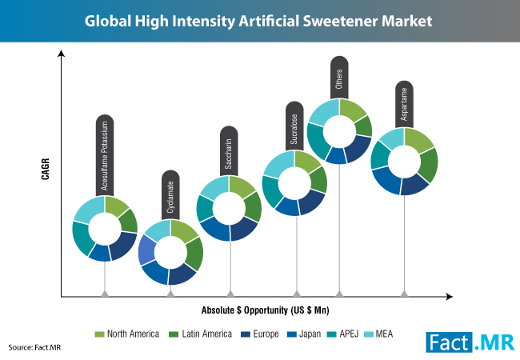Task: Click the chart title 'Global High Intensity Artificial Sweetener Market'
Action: (x=258, y=21)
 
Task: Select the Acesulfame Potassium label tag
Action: (x=105, y=155)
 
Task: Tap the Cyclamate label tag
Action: (x=170, y=195)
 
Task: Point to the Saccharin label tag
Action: (x=229, y=151)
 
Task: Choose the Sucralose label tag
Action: (x=294, y=126)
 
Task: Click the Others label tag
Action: (x=339, y=78)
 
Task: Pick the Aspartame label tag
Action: (x=404, y=104)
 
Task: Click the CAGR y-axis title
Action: (x=46, y=169)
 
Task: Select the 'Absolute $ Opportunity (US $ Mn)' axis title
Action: (x=266, y=310)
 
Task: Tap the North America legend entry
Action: (x=126, y=334)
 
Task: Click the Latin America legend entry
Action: (x=200, y=334)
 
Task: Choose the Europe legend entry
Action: (x=260, y=334)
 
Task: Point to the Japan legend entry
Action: (x=304, y=334)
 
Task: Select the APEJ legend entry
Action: (x=342, y=334)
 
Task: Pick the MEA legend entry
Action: (x=378, y=334)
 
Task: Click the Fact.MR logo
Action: (x=470, y=342)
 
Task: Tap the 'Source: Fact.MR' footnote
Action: (x=34, y=347)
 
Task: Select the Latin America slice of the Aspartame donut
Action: (x=428, y=165)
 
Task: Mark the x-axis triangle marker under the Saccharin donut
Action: (x=230, y=294)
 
